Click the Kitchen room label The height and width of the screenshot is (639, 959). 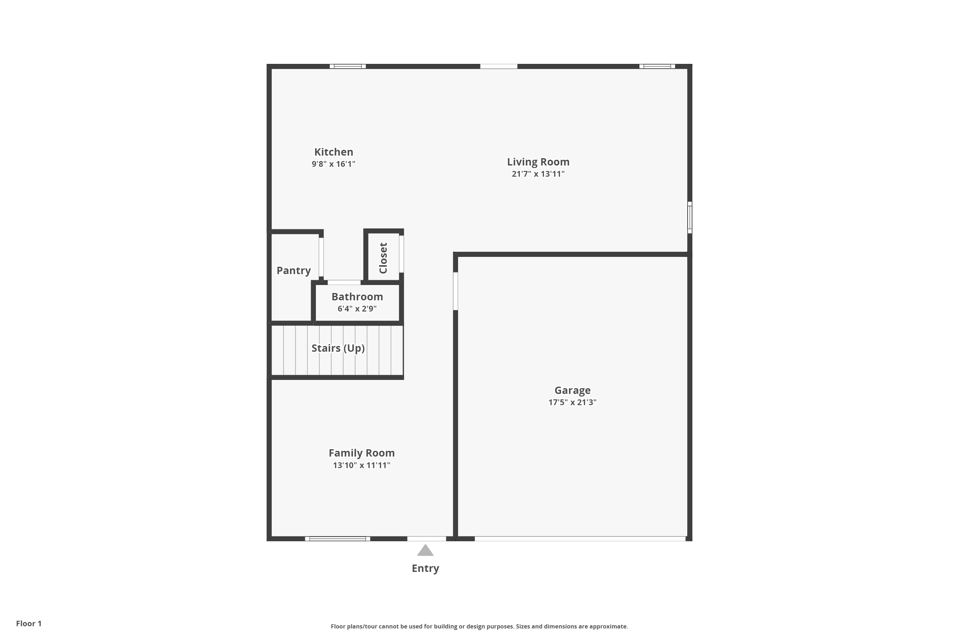click(x=333, y=152)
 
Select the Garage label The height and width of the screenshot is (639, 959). click(x=573, y=390)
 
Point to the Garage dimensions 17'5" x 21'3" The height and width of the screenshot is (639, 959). click(x=573, y=402)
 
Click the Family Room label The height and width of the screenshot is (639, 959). click(x=362, y=453)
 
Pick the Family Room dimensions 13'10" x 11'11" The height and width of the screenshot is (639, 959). click(x=362, y=466)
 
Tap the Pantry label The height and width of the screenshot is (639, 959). click(x=293, y=271)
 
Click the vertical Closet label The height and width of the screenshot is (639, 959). click(x=383, y=258)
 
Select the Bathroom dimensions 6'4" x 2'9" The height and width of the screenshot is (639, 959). click(x=357, y=309)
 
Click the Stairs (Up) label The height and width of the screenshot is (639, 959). click(x=338, y=348)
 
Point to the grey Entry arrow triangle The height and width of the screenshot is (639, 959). click(x=425, y=550)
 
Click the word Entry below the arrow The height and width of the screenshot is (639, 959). click(x=425, y=568)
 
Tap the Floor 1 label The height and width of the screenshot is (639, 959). click(x=28, y=624)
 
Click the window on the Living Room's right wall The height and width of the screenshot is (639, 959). click(x=690, y=217)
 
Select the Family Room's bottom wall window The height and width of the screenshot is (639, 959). click(x=338, y=539)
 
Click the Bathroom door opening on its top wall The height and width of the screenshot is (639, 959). click(x=344, y=282)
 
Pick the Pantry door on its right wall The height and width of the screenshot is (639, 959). click(x=321, y=258)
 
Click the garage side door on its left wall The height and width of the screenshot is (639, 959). click(x=456, y=291)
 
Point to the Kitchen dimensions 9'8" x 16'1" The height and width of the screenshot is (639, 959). click(x=333, y=164)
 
